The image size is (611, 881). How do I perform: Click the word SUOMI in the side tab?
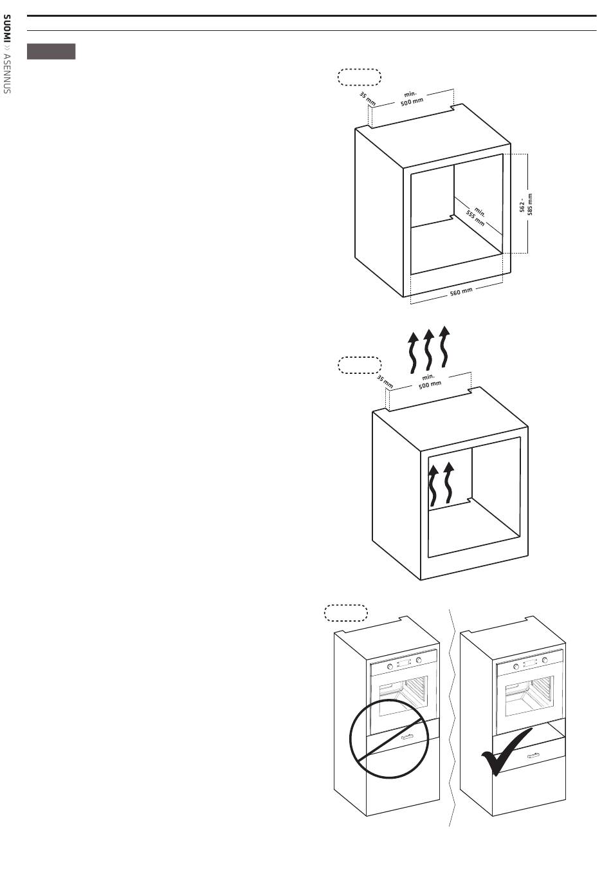6,29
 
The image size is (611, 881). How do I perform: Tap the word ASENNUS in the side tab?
6,73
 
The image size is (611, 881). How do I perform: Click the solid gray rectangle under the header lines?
51,51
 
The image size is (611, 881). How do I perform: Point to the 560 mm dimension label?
461,292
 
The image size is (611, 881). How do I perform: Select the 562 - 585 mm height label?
525,205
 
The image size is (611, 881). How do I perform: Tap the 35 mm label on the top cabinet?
367,98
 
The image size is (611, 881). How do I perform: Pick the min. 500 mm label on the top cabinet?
411,98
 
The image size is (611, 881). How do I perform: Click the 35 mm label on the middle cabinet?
385,381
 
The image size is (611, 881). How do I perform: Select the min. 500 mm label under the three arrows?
430,382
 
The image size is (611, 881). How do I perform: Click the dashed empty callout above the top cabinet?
360,77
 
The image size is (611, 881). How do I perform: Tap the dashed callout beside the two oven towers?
345,613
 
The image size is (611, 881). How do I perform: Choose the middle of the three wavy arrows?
428,349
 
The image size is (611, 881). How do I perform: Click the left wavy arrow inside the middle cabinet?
433,485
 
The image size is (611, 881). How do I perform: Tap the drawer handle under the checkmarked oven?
534,754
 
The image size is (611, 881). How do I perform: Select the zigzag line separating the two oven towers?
452,718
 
